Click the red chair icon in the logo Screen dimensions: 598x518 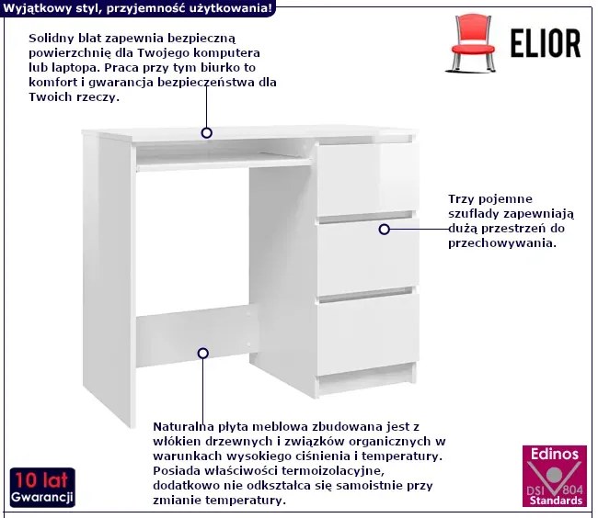pyautogui.click(x=473, y=43)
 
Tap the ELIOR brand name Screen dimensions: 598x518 pyautogui.click(x=546, y=43)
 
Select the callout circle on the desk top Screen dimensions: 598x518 pyautogui.click(x=207, y=133)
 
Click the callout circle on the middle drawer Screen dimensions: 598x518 pyautogui.click(x=384, y=229)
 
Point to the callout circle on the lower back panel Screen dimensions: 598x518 pyautogui.click(x=203, y=354)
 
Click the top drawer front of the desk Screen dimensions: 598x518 pyautogui.click(x=368, y=179)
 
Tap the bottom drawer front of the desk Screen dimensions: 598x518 pyautogui.click(x=368, y=334)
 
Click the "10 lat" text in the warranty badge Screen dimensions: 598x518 pyautogui.click(x=42, y=480)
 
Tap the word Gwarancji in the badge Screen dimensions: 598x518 pyautogui.click(x=42, y=497)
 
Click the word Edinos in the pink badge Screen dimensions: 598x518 pyautogui.click(x=555, y=454)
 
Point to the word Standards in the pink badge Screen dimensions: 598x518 pyautogui.click(x=556, y=501)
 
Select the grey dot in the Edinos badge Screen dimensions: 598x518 pyautogui.click(x=555, y=475)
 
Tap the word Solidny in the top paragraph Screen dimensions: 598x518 pyautogui.click(x=52, y=38)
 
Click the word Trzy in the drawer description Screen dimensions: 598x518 pyautogui.click(x=461, y=199)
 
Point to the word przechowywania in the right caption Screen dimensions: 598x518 pyautogui.click(x=502, y=243)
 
